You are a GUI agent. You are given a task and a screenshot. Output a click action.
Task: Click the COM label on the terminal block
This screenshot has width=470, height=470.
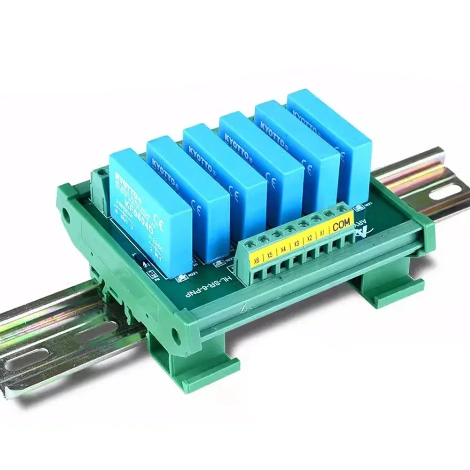click(x=341, y=225)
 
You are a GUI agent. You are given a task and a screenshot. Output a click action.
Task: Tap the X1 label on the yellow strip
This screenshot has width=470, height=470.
click(x=322, y=232)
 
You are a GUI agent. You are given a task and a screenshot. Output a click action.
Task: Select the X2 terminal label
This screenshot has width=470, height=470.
click(x=310, y=238)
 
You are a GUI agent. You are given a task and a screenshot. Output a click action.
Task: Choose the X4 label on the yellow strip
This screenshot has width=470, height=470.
click(x=283, y=249)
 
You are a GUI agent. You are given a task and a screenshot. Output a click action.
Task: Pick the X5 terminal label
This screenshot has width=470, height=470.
click(x=270, y=255)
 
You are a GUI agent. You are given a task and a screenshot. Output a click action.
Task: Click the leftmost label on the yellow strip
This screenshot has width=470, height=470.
click(x=256, y=261)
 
